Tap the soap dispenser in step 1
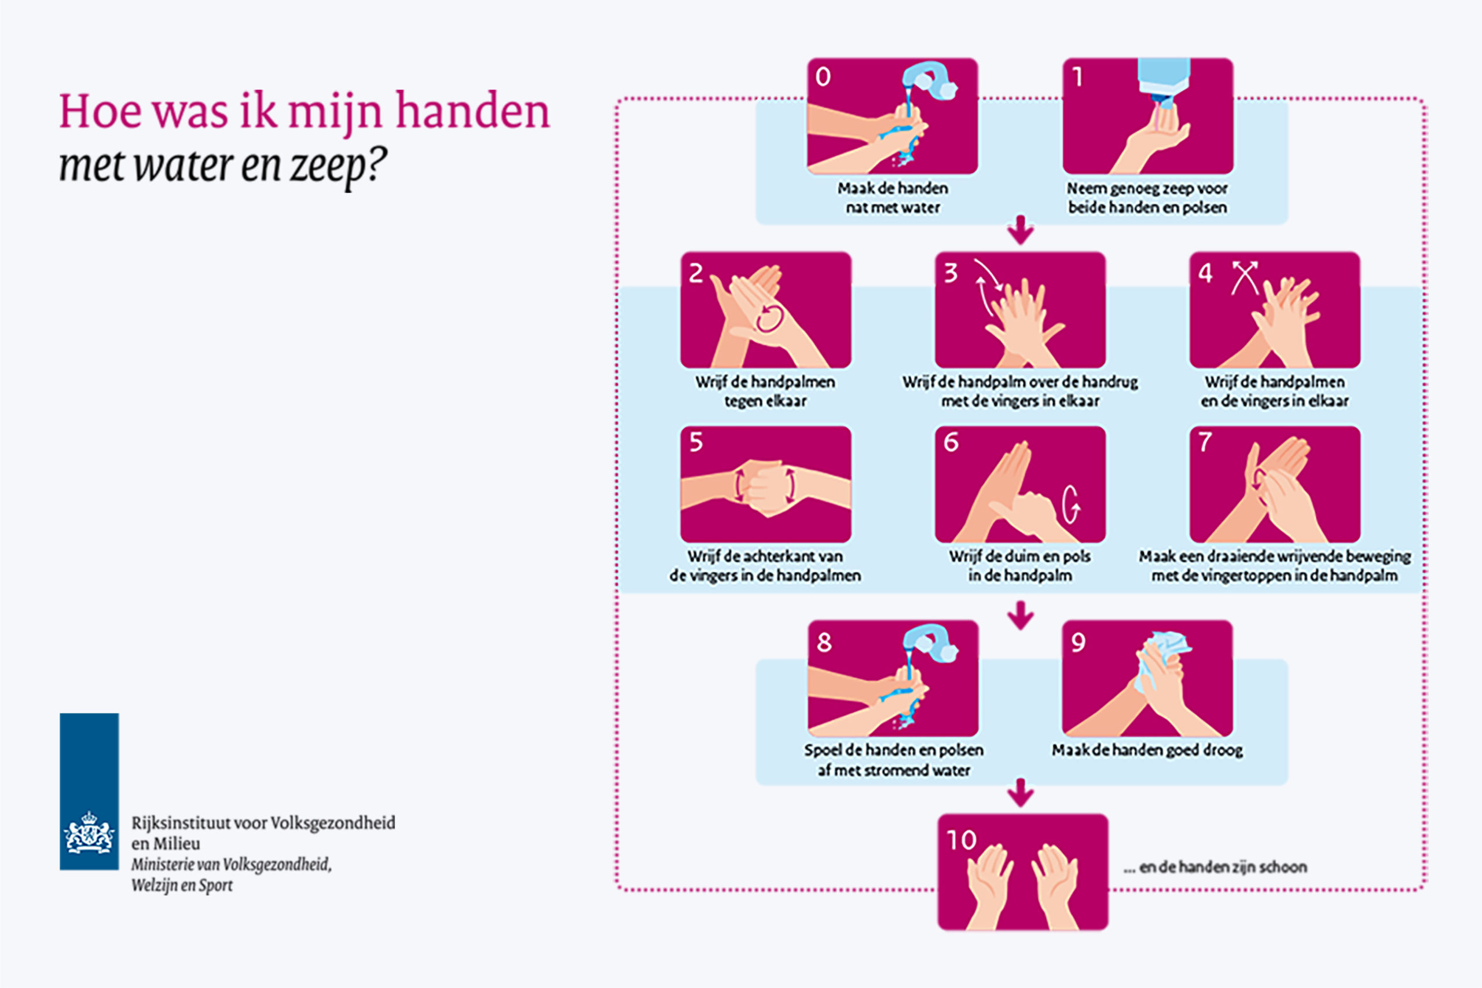pyautogui.click(x=1163, y=79)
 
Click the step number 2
pyautogui.click(x=695, y=273)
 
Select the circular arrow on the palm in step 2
pyautogui.click(x=770, y=317)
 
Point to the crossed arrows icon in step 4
pyautogui.click(x=1245, y=277)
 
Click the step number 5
pyautogui.click(x=695, y=442)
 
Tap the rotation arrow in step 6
pyautogui.click(x=1072, y=504)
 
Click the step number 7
pyautogui.click(x=1204, y=442)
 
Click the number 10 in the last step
pyautogui.click(x=961, y=840)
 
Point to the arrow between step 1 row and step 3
pyautogui.click(x=1021, y=230)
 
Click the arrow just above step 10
pyautogui.click(x=1021, y=793)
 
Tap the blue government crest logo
pyautogui.click(x=89, y=792)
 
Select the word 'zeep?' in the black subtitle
pyautogui.click(x=337, y=165)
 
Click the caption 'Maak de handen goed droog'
pyautogui.click(x=1147, y=751)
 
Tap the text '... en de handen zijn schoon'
pyautogui.click(x=1215, y=867)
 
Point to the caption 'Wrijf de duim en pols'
pyautogui.click(x=1019, y=557)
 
